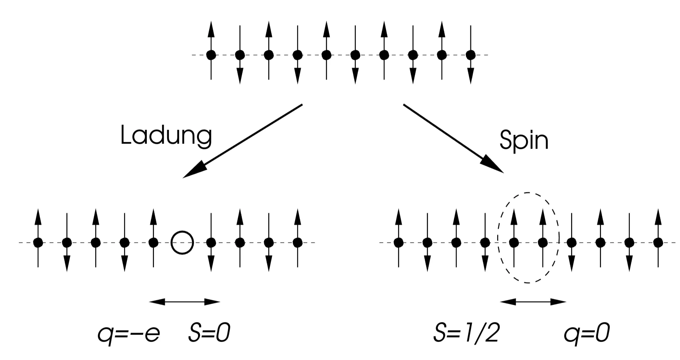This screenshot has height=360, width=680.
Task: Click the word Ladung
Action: [x=166, y=136]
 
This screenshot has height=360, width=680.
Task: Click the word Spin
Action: [x=524, y=140]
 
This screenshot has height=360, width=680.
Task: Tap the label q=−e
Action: [x=129, y=334]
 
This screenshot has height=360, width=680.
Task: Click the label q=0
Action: [x=587, y=333]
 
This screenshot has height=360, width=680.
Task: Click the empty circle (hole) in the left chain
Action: [x=182, y=243]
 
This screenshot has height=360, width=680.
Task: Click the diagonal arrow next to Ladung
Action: [x=242, y=141]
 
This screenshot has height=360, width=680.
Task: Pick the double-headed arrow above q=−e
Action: [x=184, y=302]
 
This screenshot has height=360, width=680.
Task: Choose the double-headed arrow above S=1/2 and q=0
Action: [x=533, y=302]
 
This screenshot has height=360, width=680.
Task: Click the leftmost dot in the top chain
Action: [x=211, y=55]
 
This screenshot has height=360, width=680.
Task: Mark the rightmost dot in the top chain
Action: [x=470, y=55]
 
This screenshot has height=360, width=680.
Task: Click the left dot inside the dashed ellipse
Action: [x=514, y=243]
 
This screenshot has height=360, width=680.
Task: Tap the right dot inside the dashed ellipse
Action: [x=543, y=243]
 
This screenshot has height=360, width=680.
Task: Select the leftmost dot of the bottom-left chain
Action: [x=38, y=243]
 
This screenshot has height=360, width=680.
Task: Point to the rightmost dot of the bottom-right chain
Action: [x=658, y=243]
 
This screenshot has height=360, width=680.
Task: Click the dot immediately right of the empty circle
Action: [x=211, y=243]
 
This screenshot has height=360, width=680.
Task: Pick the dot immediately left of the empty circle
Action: [x=153, y=243]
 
